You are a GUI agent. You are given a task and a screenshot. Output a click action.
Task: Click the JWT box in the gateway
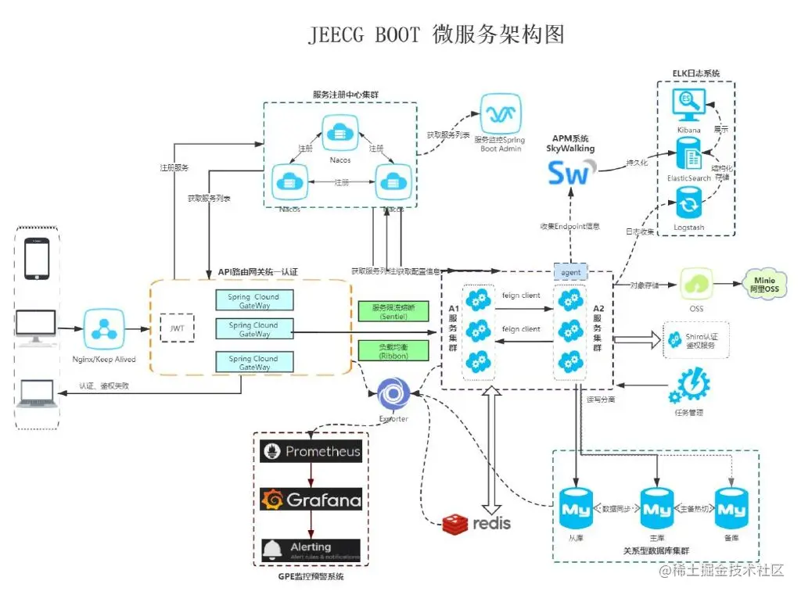(x=178, y=328)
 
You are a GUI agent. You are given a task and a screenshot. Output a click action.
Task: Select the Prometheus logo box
(x=311, y=451)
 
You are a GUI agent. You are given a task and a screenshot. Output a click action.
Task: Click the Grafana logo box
(x=311, y=499)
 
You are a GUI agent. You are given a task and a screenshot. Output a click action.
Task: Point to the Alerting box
(x=311, y=549)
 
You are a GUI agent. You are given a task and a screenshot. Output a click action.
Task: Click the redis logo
(x=476, y=522)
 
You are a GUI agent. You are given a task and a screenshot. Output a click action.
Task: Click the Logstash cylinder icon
(x=689, y=206)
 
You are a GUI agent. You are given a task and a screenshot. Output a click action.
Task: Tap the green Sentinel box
(x=393, y=311)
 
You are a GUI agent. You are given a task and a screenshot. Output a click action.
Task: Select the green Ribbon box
(x=393, y=349)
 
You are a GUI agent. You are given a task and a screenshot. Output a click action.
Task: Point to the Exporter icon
(x=393, y=393)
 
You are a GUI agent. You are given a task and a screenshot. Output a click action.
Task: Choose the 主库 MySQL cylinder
(x=657, y=509)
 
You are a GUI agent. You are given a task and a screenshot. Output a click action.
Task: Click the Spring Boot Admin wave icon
(x=500, y=114)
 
